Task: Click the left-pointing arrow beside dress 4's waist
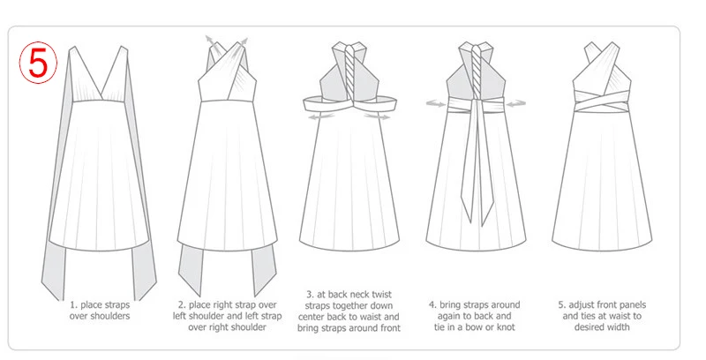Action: [x=434, y=103]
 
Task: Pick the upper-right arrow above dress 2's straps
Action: [x=244, y=39]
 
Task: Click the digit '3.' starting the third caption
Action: [x=311, y=293]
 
